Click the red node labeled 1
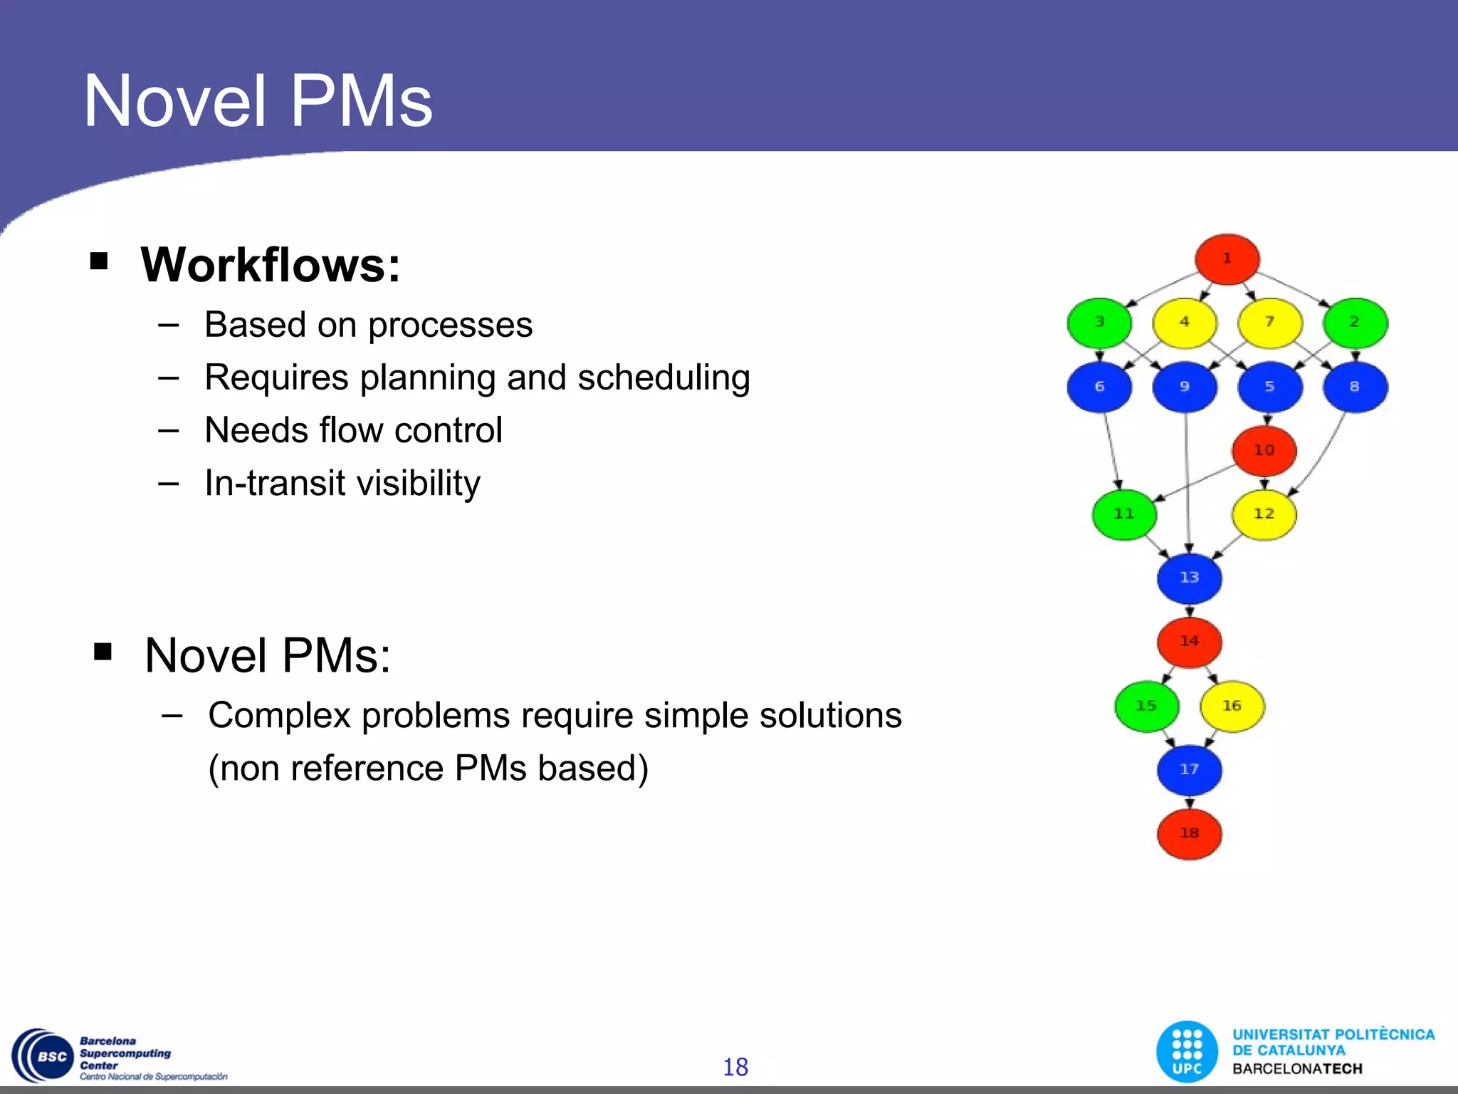point(1227,259)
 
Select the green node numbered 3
point(1099,323)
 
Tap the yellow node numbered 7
point(1269,323)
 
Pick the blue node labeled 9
point(1185,387)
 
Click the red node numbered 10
point(1264,451)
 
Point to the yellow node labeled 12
point(1264,514)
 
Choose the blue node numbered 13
point(1189,578)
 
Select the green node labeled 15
point(1146,706)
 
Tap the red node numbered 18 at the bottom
point(1189,833)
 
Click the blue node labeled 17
point(1189,770)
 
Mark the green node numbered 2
point(1355,323)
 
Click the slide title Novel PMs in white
point(258,102)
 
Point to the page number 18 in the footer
point(735,1067)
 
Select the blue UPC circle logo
point(1187,1051)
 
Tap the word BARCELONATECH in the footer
point(1297,1069)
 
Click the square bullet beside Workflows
point(99,261)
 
